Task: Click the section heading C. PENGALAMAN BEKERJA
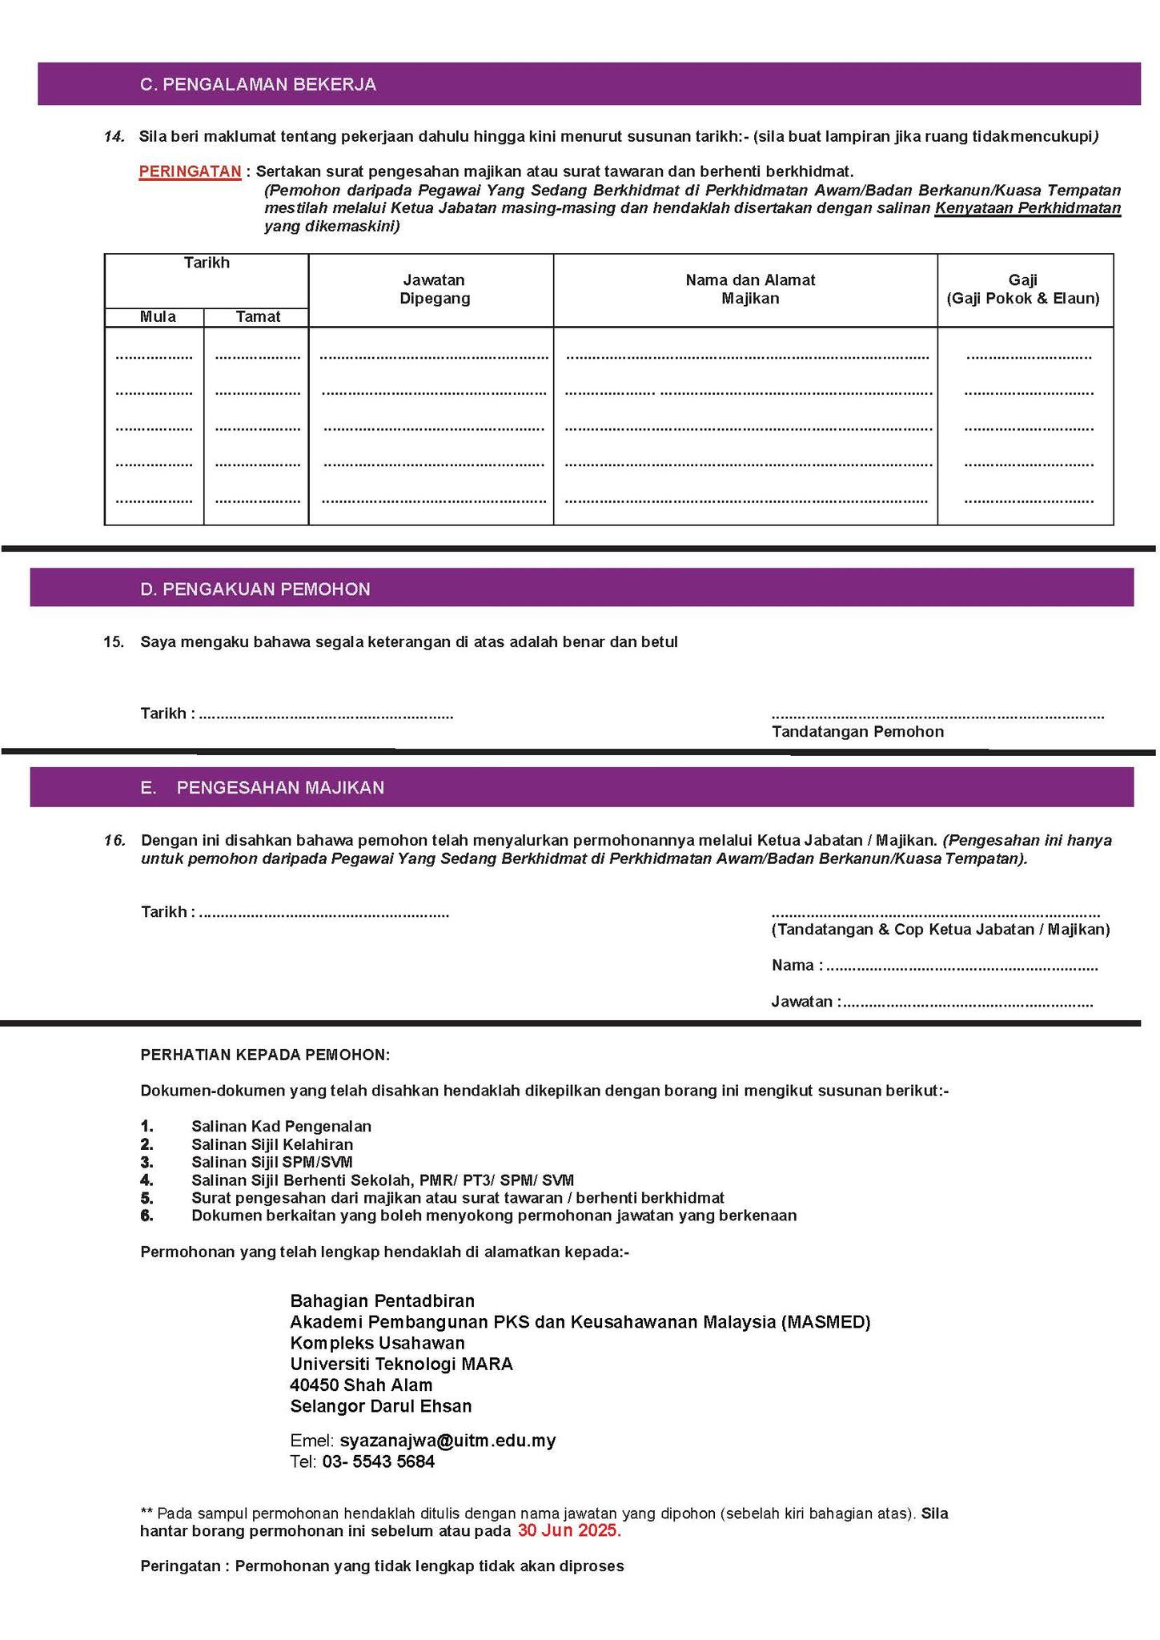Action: coord(258,85)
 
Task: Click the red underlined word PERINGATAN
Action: coord(190,171)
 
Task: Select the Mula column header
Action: coord(158,317)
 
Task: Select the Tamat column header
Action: coord(258,317)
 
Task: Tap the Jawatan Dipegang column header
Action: coord(434,289)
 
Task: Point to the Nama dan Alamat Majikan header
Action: coord(749,289)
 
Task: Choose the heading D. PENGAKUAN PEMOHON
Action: coord(255,589)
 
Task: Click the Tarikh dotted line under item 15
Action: coord(325,714)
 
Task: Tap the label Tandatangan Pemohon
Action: coord(857,732)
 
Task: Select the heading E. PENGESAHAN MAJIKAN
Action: coord(262,788)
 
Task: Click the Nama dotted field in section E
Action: coord(961,967)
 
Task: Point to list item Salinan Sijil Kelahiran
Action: coord(271,1144)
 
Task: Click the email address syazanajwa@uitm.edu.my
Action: coord(448,1441)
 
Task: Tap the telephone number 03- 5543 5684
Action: coord(378,1461)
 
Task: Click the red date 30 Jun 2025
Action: coord(568,1531)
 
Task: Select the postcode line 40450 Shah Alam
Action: coord(361,1385)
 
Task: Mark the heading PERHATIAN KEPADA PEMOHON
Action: coord(265,1055)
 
